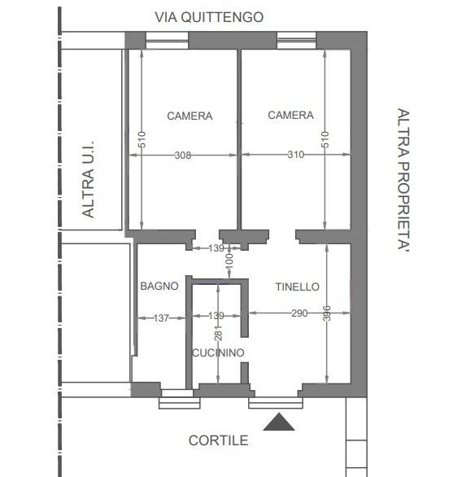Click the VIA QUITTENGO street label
click(x=209, y=17)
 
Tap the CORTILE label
click(x=218, y=440)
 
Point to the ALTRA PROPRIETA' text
click(x=404, y=180)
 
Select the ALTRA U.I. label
click(x=88, y=179)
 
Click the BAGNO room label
click(x=159, y=286)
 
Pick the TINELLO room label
click(x=298, y=287)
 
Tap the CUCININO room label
click(x=218, y=352)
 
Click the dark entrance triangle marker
click(x=279, y=422)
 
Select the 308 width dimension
click(x=183, y=155)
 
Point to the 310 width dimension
click(x=296, y=155)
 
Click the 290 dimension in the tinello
click(x=299, y=313)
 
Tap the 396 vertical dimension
click(x=326, y=313)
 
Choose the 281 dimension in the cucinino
click(x=218, y=333)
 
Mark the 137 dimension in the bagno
click(x=161, y=318)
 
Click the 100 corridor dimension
click(x=229, y=261)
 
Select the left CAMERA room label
click(x=189, y=116)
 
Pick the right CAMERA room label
click(x=290, y=115)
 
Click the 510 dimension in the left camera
click(x=142, y=140)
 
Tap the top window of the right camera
click(x=296, y=40)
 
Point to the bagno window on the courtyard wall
click(x=180, y=399)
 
